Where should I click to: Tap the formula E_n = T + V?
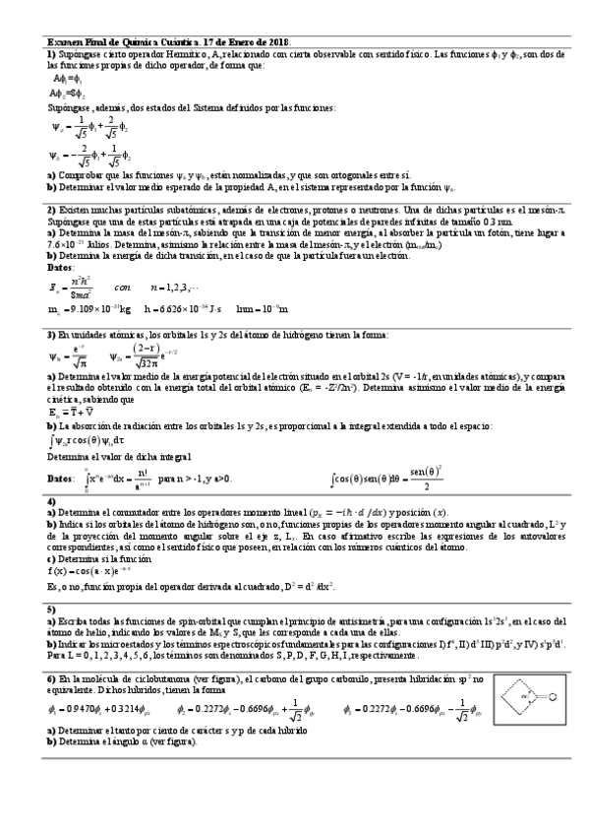click(70, 413)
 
